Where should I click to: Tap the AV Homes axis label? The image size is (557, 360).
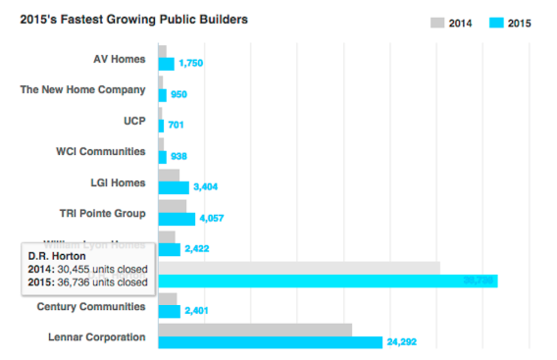120,59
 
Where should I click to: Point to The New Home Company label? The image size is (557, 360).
83,89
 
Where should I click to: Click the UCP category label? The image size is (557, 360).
133,120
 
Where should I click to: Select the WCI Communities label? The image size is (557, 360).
101,151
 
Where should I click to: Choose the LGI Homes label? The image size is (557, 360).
117,181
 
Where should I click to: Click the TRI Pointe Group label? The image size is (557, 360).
103,213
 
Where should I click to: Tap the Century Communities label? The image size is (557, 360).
91,306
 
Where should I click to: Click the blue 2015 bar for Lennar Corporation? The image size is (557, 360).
270,342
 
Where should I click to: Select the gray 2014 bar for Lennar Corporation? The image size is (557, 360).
255,330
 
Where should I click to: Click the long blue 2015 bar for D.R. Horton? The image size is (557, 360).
328,281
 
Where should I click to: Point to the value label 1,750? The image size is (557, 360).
191,64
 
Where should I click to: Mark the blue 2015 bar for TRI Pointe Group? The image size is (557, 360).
177,219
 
